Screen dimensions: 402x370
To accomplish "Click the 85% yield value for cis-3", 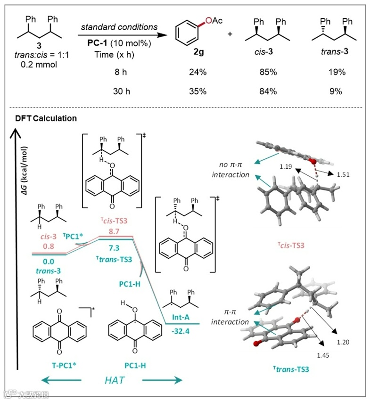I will click(x=267, y=73).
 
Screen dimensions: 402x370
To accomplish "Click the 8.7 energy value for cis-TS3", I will click(x=115, y=232).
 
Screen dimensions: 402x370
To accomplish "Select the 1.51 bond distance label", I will click(x=344, y=175).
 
